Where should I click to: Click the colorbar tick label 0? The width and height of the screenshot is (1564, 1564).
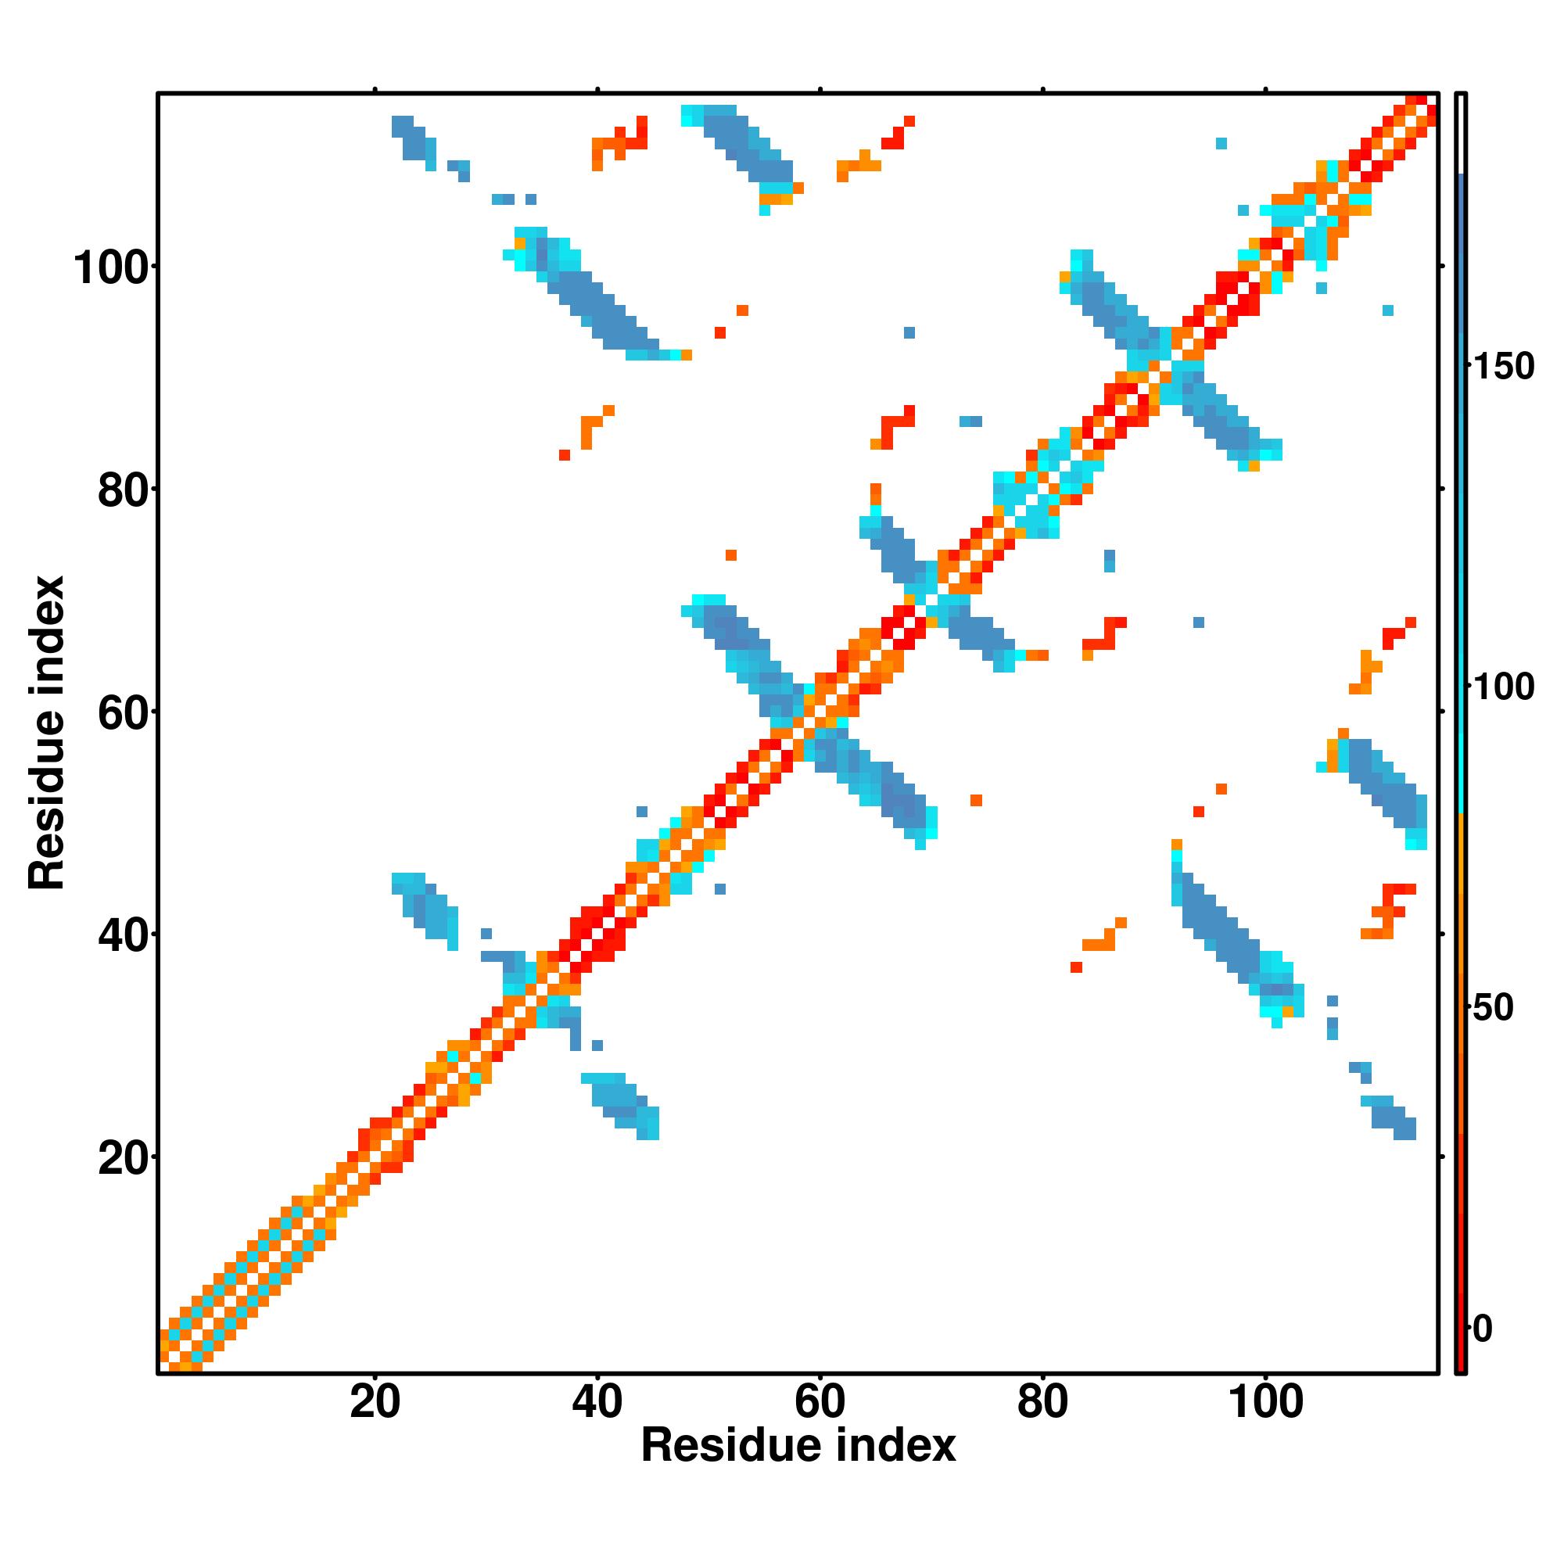pos(1482,1329)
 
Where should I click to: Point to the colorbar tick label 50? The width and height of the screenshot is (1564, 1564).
pos(1493,1008)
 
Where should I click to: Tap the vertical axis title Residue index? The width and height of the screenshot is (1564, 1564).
pos(47,733)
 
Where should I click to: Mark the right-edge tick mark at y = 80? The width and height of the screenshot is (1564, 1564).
pos(1442,489)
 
